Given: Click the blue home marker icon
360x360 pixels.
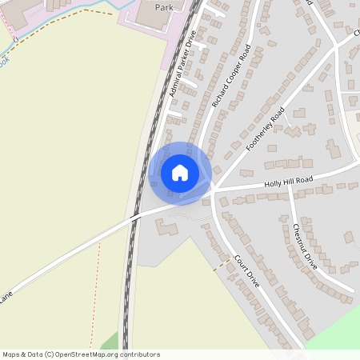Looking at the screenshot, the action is coord(180,172).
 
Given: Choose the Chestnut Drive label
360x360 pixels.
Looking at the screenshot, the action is coord(305,244).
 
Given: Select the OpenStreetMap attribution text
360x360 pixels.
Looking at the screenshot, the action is coord(80,354).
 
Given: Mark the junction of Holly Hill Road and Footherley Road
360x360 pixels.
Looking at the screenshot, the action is coord(214,190).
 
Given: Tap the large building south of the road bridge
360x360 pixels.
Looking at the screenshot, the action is coord(168,229).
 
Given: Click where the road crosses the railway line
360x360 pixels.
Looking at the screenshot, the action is coord(133,216).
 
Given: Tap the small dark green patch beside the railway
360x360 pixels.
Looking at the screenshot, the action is coord(110,342).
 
